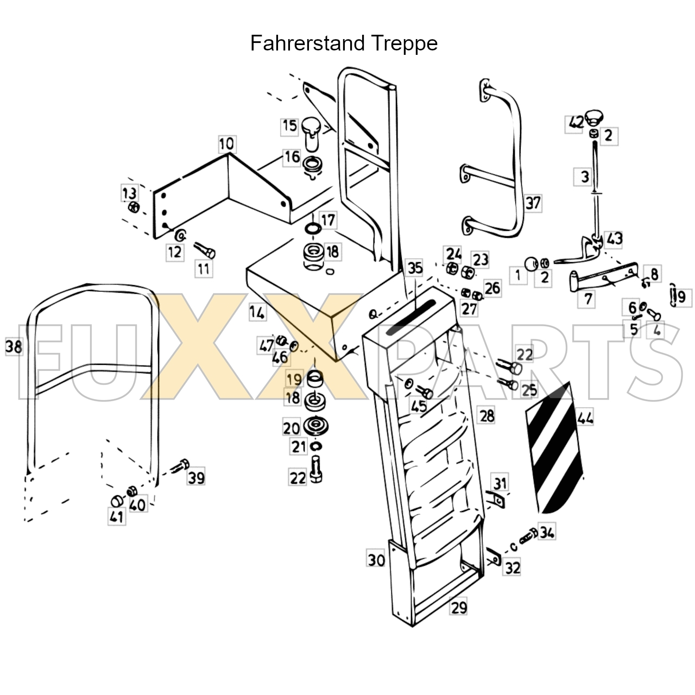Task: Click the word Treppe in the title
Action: [x=405, y=43]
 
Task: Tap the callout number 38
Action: [x=14, y=346]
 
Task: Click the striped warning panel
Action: [x=554, y=448]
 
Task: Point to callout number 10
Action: [x=227, y=144]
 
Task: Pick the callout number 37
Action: [x=533, y=203]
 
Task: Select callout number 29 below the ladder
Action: [x=459, y=607]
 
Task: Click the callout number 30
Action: [x=376, y=559]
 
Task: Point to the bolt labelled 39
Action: [x=181, y=466]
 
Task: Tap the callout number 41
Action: [x=116, y=516]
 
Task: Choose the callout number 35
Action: [x=415, y=268]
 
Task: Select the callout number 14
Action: [x=257, y=313]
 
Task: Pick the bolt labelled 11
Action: [x=205, y=251]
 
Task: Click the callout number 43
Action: [x=615, y=238]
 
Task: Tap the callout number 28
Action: [x=487, y=415]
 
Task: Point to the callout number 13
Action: [x=129, y=193]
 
